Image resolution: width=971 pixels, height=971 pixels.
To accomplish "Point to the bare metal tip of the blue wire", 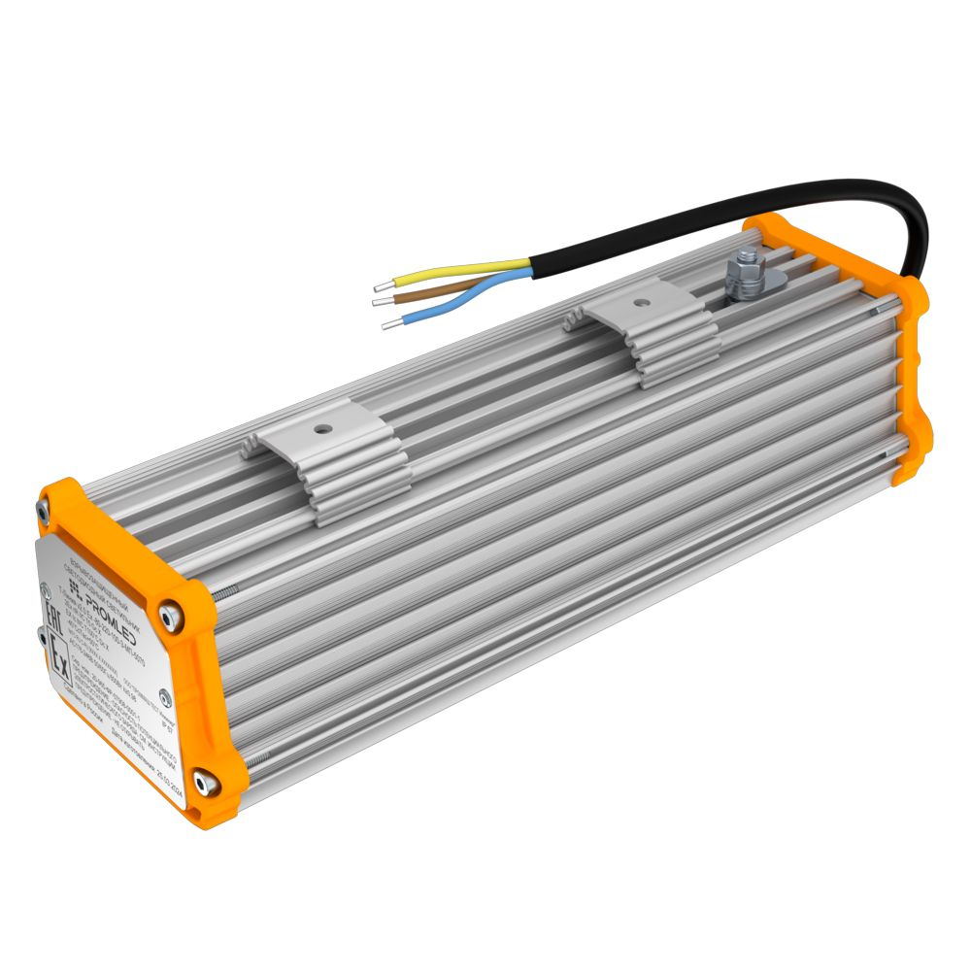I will point(390,324).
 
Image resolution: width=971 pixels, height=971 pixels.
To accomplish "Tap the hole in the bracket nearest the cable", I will point(641,301).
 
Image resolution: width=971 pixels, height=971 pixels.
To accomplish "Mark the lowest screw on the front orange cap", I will point(203,781).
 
